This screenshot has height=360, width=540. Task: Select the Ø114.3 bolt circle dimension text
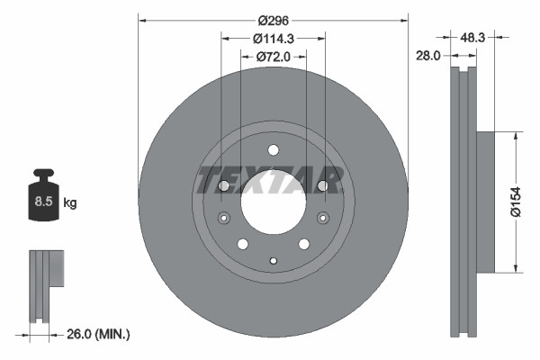pos(274,39)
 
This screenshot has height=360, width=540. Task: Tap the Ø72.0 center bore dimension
pos(274,57)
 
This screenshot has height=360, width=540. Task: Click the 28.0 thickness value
pos(427,55)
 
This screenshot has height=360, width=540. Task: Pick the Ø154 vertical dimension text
pos(517,202)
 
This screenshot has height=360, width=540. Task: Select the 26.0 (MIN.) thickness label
pos(98,334)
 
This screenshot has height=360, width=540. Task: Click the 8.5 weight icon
pos(43,202)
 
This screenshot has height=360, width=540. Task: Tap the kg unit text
pos(69,203)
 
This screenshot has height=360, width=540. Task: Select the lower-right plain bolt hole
pos(304,244)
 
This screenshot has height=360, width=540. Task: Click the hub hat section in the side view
pos(483,202)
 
